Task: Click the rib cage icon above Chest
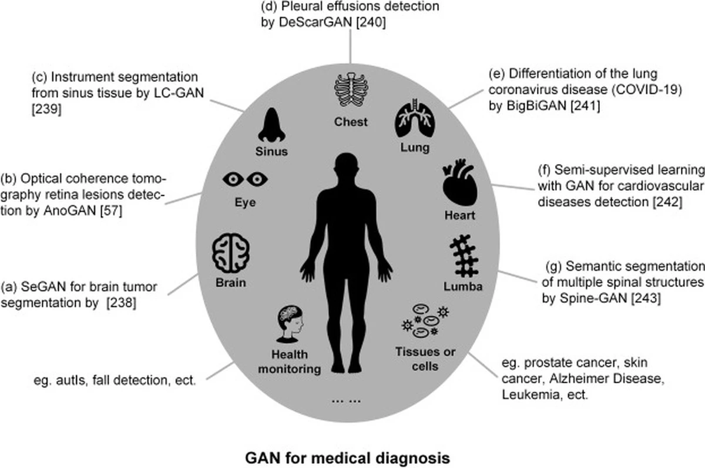click(351, 89)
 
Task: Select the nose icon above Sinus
click(271, 125)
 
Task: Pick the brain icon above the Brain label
click(231, 253)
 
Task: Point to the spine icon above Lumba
click(464, 256)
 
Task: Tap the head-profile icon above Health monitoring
click(290, 324)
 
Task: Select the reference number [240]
click(371, 22)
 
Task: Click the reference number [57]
click(111, 210)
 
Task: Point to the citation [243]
click(646, 298)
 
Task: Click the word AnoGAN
click(69, 210)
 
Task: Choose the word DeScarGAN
click(315, 22)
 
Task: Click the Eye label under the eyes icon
click(245, 202)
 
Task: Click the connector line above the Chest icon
click(350, 46)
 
